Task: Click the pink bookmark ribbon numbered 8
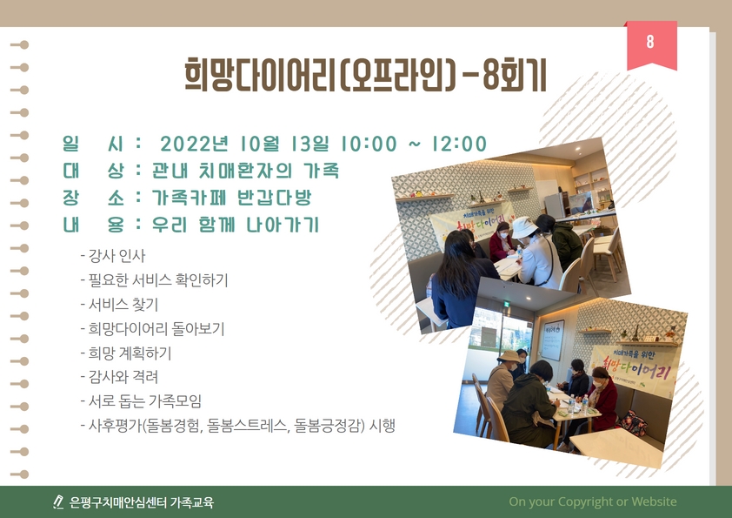[651, 45]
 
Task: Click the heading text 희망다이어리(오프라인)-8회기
[365, 75]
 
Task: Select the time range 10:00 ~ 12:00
[414, 144]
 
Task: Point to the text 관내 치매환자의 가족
[245, 171]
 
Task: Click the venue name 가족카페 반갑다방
[231, 198]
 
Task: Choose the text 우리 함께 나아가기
[236, 225]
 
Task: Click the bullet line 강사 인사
[112, 256]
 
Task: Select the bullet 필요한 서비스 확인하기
[154, 280]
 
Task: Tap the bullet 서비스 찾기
[119, 305]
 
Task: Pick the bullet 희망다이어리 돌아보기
[152, 329]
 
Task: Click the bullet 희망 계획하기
[125, 353]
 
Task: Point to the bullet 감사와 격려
[119, 377]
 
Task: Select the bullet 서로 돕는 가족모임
[141, 401]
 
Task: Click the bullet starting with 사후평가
[237, 426]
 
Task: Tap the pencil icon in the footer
[58, 501]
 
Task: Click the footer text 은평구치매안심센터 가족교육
[142, 502]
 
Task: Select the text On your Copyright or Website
[593, 501]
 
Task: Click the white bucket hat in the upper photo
[525, 227]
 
